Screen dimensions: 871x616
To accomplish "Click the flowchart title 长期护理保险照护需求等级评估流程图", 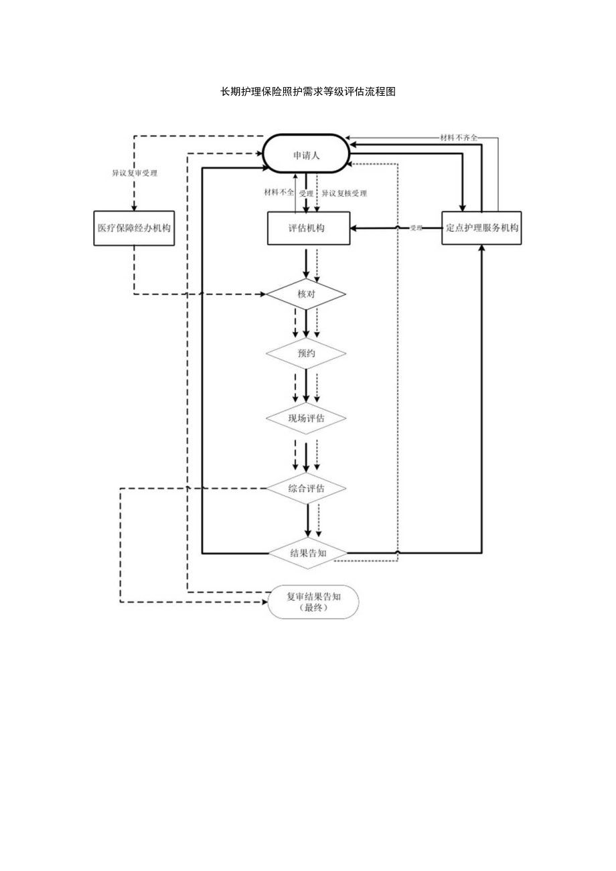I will click(308, 92).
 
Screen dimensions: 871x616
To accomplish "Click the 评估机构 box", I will click(307, 228).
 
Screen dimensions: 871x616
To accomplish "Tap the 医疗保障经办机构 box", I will click(134, 228).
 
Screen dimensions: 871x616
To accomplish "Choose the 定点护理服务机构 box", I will click(482, 228).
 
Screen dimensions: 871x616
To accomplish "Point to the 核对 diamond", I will click(306, 295).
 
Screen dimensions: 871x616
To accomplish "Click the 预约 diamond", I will click(306, 353).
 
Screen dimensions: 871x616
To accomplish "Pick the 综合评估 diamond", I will click(306, 489).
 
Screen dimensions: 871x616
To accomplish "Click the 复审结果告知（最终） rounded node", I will click(313, 602).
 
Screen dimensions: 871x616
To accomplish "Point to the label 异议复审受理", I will click(135, 173).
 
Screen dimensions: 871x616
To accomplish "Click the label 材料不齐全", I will click(459, 138).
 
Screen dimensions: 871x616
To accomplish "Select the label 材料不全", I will click(279, 193).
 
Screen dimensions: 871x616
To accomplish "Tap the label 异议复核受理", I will click(344, 193).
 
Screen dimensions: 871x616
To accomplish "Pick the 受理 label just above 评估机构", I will click(307, 193).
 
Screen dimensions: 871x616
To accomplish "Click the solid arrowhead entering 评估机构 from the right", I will click(351, 228).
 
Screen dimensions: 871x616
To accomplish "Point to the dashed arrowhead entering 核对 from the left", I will click(262, 295).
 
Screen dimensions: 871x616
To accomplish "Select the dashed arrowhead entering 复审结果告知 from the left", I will click(263, 603).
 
